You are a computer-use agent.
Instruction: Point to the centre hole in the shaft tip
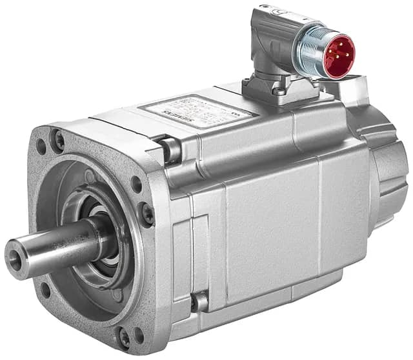[14, 257]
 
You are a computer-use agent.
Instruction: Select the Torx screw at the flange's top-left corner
[59, 137]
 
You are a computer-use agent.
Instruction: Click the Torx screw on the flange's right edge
[148, 214]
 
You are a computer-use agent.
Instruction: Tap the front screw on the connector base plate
[277, 91]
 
